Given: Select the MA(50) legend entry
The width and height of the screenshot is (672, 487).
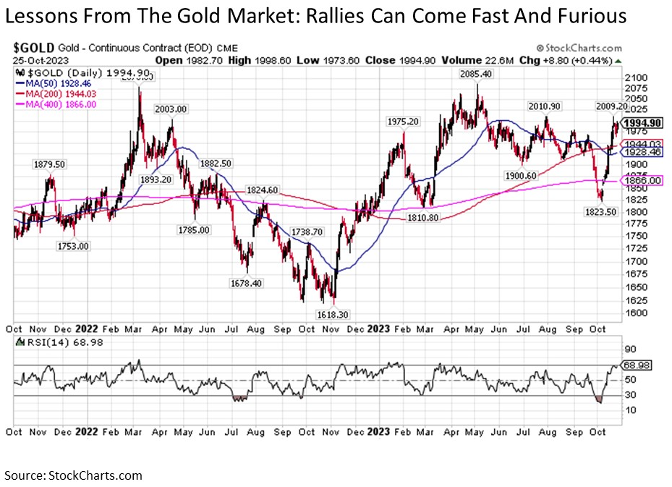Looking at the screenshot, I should point(54,84).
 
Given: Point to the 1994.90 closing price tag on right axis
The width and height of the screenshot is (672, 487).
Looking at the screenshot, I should point(642,123).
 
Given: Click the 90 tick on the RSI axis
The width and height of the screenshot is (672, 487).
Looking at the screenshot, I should point(631,349).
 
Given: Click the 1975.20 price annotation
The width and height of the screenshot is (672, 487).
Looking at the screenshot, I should point(403,122).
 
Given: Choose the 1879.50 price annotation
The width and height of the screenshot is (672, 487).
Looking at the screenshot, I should point(49,164).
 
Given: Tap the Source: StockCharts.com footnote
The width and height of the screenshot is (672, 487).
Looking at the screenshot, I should point(73,475).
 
